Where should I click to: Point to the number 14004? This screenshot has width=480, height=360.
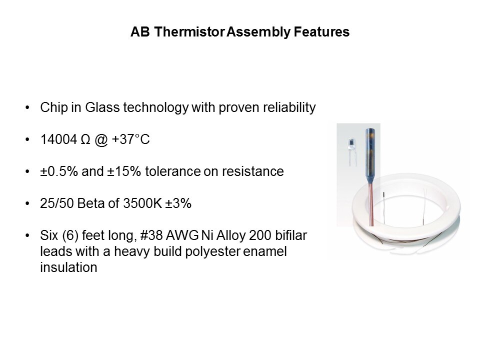59,139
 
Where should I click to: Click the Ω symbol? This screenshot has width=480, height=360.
85,140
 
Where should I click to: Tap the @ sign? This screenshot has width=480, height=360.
101,140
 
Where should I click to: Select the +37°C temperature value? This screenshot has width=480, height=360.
130,139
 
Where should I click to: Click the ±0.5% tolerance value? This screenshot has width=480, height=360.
59,171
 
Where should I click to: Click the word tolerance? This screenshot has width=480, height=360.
172,171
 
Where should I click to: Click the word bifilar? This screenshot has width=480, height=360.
291,235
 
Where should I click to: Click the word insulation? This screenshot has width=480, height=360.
68,267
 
